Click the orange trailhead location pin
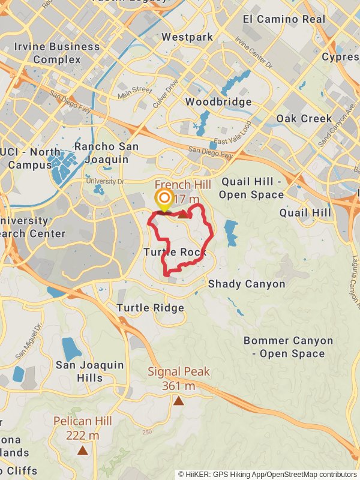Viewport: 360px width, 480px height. click(163, 200)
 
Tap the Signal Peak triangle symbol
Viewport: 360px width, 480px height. click(178, 401)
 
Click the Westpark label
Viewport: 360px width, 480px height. click(187, 37)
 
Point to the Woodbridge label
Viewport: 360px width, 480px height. click(218, 102)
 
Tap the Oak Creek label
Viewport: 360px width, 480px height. click(304, 118)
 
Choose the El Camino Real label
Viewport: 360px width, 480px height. click(284, 19)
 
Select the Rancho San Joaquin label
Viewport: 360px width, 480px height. click(106, 153)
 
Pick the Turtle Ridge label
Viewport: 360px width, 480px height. click(150, 308)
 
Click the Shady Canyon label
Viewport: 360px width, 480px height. click(247, 284)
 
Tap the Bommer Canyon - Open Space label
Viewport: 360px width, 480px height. click(288, 347)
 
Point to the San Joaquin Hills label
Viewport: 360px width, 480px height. click(89, 371)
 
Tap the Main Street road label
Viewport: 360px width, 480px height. click(135, 92)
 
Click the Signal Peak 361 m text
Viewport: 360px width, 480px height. click(179, 379)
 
